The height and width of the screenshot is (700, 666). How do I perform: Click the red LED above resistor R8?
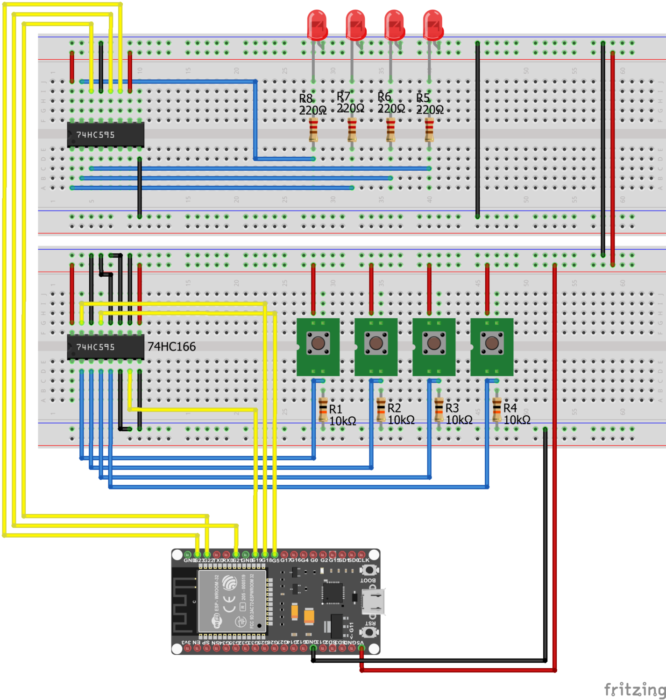[317, 25]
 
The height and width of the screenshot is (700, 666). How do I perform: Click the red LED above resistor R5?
[433, 25]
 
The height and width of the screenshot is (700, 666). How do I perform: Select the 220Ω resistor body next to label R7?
[352, 130]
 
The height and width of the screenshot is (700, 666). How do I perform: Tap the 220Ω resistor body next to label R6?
[390, 130]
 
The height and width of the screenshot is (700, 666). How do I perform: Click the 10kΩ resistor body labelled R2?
[381, 409]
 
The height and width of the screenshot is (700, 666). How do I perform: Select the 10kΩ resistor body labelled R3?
[439, 409]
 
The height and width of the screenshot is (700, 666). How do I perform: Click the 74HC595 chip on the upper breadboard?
[106, 135]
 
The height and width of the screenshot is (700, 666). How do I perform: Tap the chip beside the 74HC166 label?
[106, 347]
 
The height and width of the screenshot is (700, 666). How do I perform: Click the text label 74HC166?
[171, 347]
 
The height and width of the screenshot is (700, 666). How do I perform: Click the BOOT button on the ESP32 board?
[369, 570]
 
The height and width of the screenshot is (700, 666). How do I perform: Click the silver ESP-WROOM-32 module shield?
[232, 601]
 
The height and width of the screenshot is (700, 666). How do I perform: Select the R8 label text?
[306, 98]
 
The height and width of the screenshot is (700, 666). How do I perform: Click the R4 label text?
[510, 408]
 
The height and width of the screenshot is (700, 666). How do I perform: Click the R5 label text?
[423, 98]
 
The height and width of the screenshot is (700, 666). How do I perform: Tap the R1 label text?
[335, 409]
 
